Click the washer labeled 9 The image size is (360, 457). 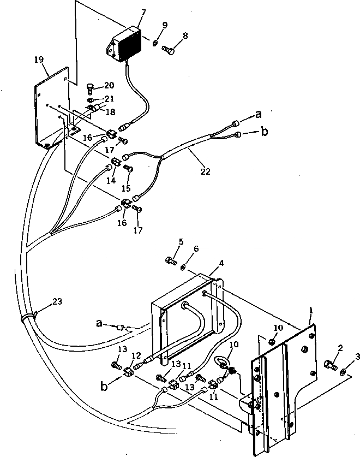155,43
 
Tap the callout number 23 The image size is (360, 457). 58,301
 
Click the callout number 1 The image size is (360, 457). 310,310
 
